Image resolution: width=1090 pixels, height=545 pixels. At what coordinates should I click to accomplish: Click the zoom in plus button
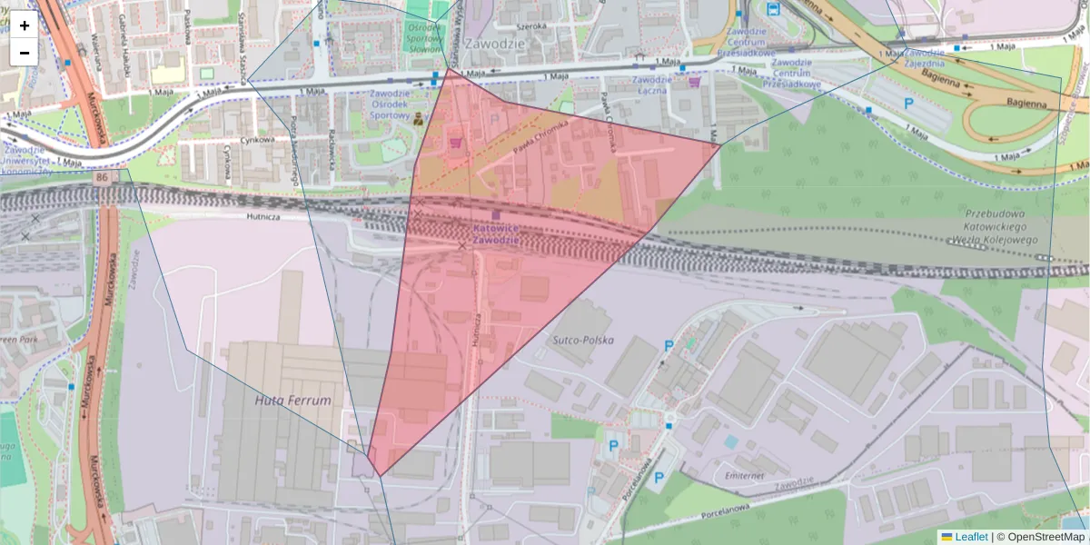coord(25,25)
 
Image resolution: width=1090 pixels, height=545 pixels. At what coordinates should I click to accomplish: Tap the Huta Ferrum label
coord(292,400)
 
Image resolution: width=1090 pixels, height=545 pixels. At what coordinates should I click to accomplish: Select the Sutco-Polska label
coord(582,340)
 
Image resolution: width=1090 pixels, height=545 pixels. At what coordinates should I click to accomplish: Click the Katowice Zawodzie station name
coord(496,235)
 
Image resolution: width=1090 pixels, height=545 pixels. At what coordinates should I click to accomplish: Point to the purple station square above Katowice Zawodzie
coord(496,214)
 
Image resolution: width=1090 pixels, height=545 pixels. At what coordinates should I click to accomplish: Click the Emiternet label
coord(738,474)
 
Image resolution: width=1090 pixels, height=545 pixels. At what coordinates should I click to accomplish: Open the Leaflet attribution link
coord(970,537)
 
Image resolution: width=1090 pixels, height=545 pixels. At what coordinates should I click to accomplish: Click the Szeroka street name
coord(531,25)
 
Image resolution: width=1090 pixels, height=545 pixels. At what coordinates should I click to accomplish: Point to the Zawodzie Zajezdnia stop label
coord(925,57)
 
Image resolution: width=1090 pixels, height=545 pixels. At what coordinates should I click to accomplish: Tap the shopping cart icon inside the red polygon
coord(455,142)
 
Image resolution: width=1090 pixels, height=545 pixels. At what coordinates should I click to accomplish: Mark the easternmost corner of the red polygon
coord(719,144)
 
